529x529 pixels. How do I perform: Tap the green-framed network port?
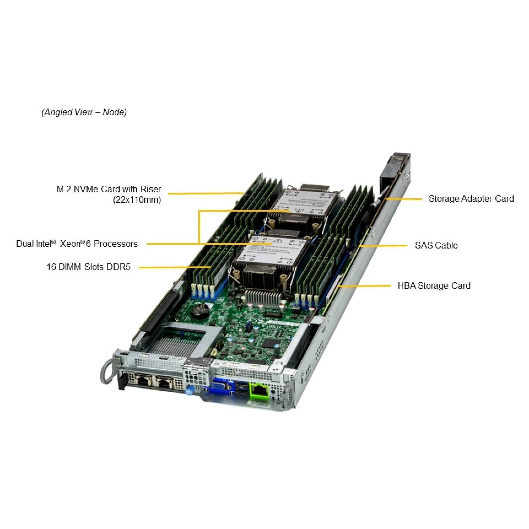pos(259,389)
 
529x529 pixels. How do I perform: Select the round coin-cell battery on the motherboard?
pos(200,310)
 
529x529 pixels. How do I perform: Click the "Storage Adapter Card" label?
pos(471,199)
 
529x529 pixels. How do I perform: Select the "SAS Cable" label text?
pos(436,245)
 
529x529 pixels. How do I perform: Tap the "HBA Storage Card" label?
pos(434,285)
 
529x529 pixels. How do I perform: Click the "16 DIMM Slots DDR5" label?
pos(88,267)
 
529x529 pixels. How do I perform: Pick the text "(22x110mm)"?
pos(137,199)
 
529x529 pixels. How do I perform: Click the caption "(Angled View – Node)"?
pos(84,112)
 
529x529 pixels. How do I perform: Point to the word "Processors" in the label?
pos(116,244)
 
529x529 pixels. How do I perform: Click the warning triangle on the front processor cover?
pos(279,241)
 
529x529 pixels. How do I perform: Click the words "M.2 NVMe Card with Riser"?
pos(109,189)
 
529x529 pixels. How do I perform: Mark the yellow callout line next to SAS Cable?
pos(383,245)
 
